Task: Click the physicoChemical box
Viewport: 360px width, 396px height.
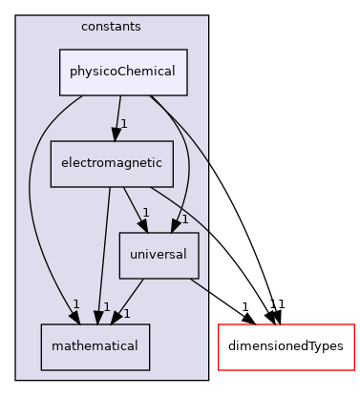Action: coord(123,73)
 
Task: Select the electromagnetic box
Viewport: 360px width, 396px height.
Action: coord(112,163)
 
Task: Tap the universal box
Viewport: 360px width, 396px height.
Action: coord(159,255)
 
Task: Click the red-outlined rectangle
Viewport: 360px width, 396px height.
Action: coord(286,346)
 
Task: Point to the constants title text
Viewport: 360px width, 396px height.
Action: coord(112,26)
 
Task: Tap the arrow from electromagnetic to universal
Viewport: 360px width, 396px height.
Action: coord(133,207)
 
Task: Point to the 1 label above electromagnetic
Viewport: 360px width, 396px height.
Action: coord(124,124)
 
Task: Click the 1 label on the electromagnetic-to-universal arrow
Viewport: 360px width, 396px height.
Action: coord(145,213)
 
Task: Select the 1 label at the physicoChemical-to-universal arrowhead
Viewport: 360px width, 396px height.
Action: coord(184,219)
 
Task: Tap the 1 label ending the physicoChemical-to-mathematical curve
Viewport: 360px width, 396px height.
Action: coord(75,304)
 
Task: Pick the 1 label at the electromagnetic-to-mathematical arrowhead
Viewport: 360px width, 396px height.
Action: coord(107,307)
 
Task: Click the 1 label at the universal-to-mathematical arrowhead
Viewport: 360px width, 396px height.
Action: coord(126,313)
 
